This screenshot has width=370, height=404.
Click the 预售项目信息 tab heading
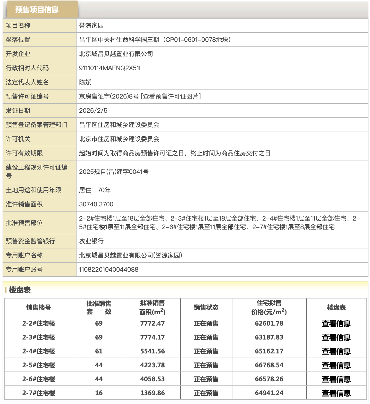[37, 10]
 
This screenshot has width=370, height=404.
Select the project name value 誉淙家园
[91, 26]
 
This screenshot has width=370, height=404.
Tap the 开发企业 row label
[18, 54]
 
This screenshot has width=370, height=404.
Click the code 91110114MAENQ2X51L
[111, 68]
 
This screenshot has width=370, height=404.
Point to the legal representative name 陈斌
[85, 82]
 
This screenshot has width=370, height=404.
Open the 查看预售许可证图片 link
[171, 96]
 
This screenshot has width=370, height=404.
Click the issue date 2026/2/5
[93, 111]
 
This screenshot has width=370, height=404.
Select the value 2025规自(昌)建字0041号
[114, 172]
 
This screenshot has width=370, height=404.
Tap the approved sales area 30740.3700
[96, 204]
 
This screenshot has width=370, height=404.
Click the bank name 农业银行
[91, 241]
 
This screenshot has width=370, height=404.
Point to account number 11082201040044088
[108, 270]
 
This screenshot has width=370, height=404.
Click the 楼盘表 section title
[20, 290]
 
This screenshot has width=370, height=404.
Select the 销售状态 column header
[206, 308]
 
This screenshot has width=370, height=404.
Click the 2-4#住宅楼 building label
[39, 351]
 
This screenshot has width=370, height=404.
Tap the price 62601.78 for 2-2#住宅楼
[269, 324]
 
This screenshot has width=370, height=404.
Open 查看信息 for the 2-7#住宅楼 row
[336, 393]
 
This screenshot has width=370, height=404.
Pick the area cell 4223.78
[153, 365]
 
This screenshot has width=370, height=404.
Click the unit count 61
[99, 351]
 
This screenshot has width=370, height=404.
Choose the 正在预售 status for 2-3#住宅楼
[206, 337]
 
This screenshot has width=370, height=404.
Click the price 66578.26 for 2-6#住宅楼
[269, 379]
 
